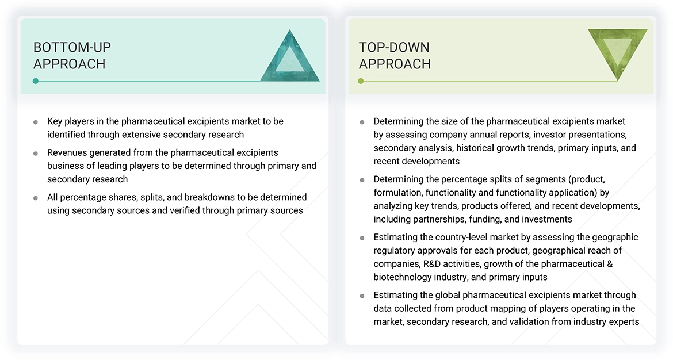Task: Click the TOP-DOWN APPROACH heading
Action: (x=395, y=55)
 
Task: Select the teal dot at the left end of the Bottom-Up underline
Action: (x=36, y=81)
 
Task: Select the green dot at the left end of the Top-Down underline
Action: (x=361, y=81)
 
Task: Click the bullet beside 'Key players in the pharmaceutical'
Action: (x=36, y=122)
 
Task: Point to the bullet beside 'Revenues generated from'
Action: (x=36, y=153)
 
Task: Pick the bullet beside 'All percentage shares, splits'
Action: (x=36, y=197)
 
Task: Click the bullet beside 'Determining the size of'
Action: (x=362, y=122)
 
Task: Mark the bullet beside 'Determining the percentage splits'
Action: (x=362, y=179)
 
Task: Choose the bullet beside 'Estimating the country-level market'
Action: (x=362, y=238)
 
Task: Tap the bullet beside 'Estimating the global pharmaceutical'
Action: (x=362, y=296)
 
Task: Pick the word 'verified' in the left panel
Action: (x=189, y=210)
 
